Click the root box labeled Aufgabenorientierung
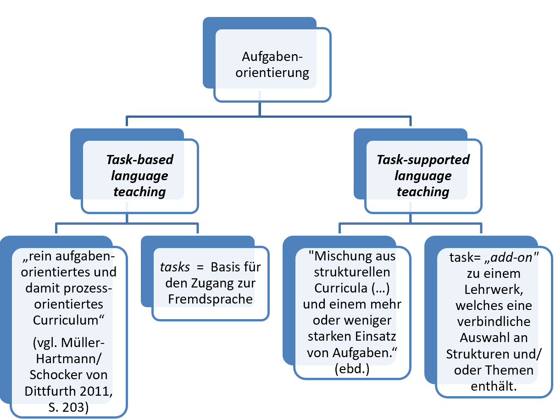(x=272, y=65)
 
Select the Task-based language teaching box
(x=140, y=176)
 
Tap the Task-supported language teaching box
(x=423, y=176)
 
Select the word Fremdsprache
(x=211, y=299)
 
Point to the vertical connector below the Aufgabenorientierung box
(x=260, y=108)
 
